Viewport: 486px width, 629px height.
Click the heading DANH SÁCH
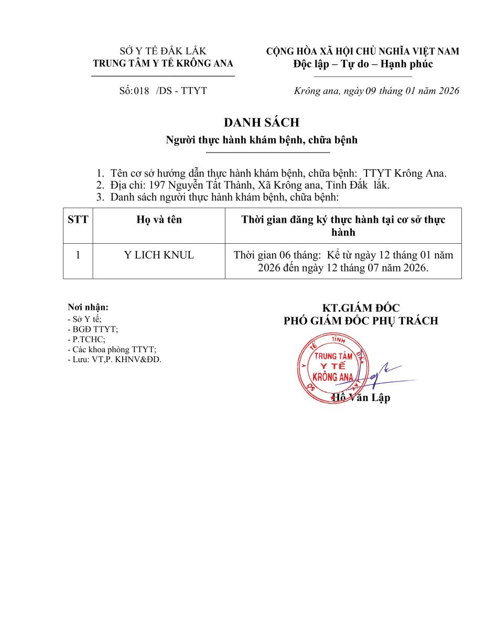tap(261, 123)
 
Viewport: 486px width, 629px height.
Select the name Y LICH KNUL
tap(159, 255)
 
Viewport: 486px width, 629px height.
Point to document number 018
tap(142, 91)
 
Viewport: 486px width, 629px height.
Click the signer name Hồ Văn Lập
tap(362, 398)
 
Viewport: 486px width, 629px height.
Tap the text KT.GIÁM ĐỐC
tap(361, 308)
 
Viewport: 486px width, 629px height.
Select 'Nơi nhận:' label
tap(88, 307)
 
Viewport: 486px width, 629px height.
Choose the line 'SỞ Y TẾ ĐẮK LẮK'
tap(163, 51)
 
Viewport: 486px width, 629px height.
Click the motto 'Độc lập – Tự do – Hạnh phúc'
tap(363, 64)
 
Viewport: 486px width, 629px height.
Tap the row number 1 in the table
tap(78, 255)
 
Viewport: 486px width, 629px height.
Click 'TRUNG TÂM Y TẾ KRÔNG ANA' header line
tap(163, 63)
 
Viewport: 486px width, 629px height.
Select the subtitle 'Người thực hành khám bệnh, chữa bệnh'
tap(262, 140)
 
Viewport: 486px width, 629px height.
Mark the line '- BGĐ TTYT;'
tap(93, 329)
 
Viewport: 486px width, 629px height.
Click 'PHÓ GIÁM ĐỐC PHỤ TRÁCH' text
tap(361, 321)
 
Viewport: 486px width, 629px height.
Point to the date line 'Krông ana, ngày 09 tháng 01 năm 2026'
tap(377, 91)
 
